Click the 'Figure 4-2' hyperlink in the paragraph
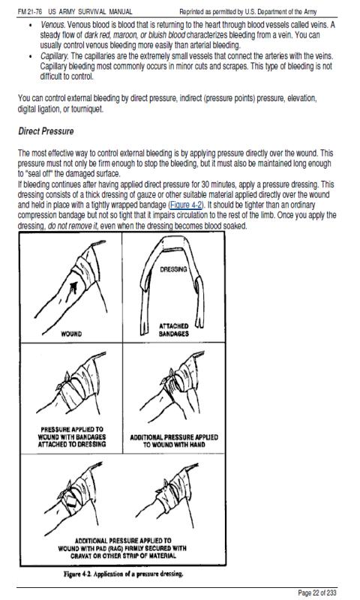point(185,205)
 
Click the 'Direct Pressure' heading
point(46,131)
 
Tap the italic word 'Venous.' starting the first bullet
point(52,25)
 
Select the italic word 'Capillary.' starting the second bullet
point(54,56)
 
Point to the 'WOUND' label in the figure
point(71,334)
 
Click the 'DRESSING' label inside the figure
point(174,269)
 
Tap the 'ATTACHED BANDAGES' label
point(174,330)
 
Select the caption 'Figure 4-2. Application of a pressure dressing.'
point(124,574)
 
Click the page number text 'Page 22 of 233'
point(317,592)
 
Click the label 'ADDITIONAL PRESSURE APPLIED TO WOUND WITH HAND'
point(174,441)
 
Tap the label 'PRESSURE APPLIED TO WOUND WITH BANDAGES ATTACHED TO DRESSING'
point(72,437)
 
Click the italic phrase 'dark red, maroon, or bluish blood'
point(135,35)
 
